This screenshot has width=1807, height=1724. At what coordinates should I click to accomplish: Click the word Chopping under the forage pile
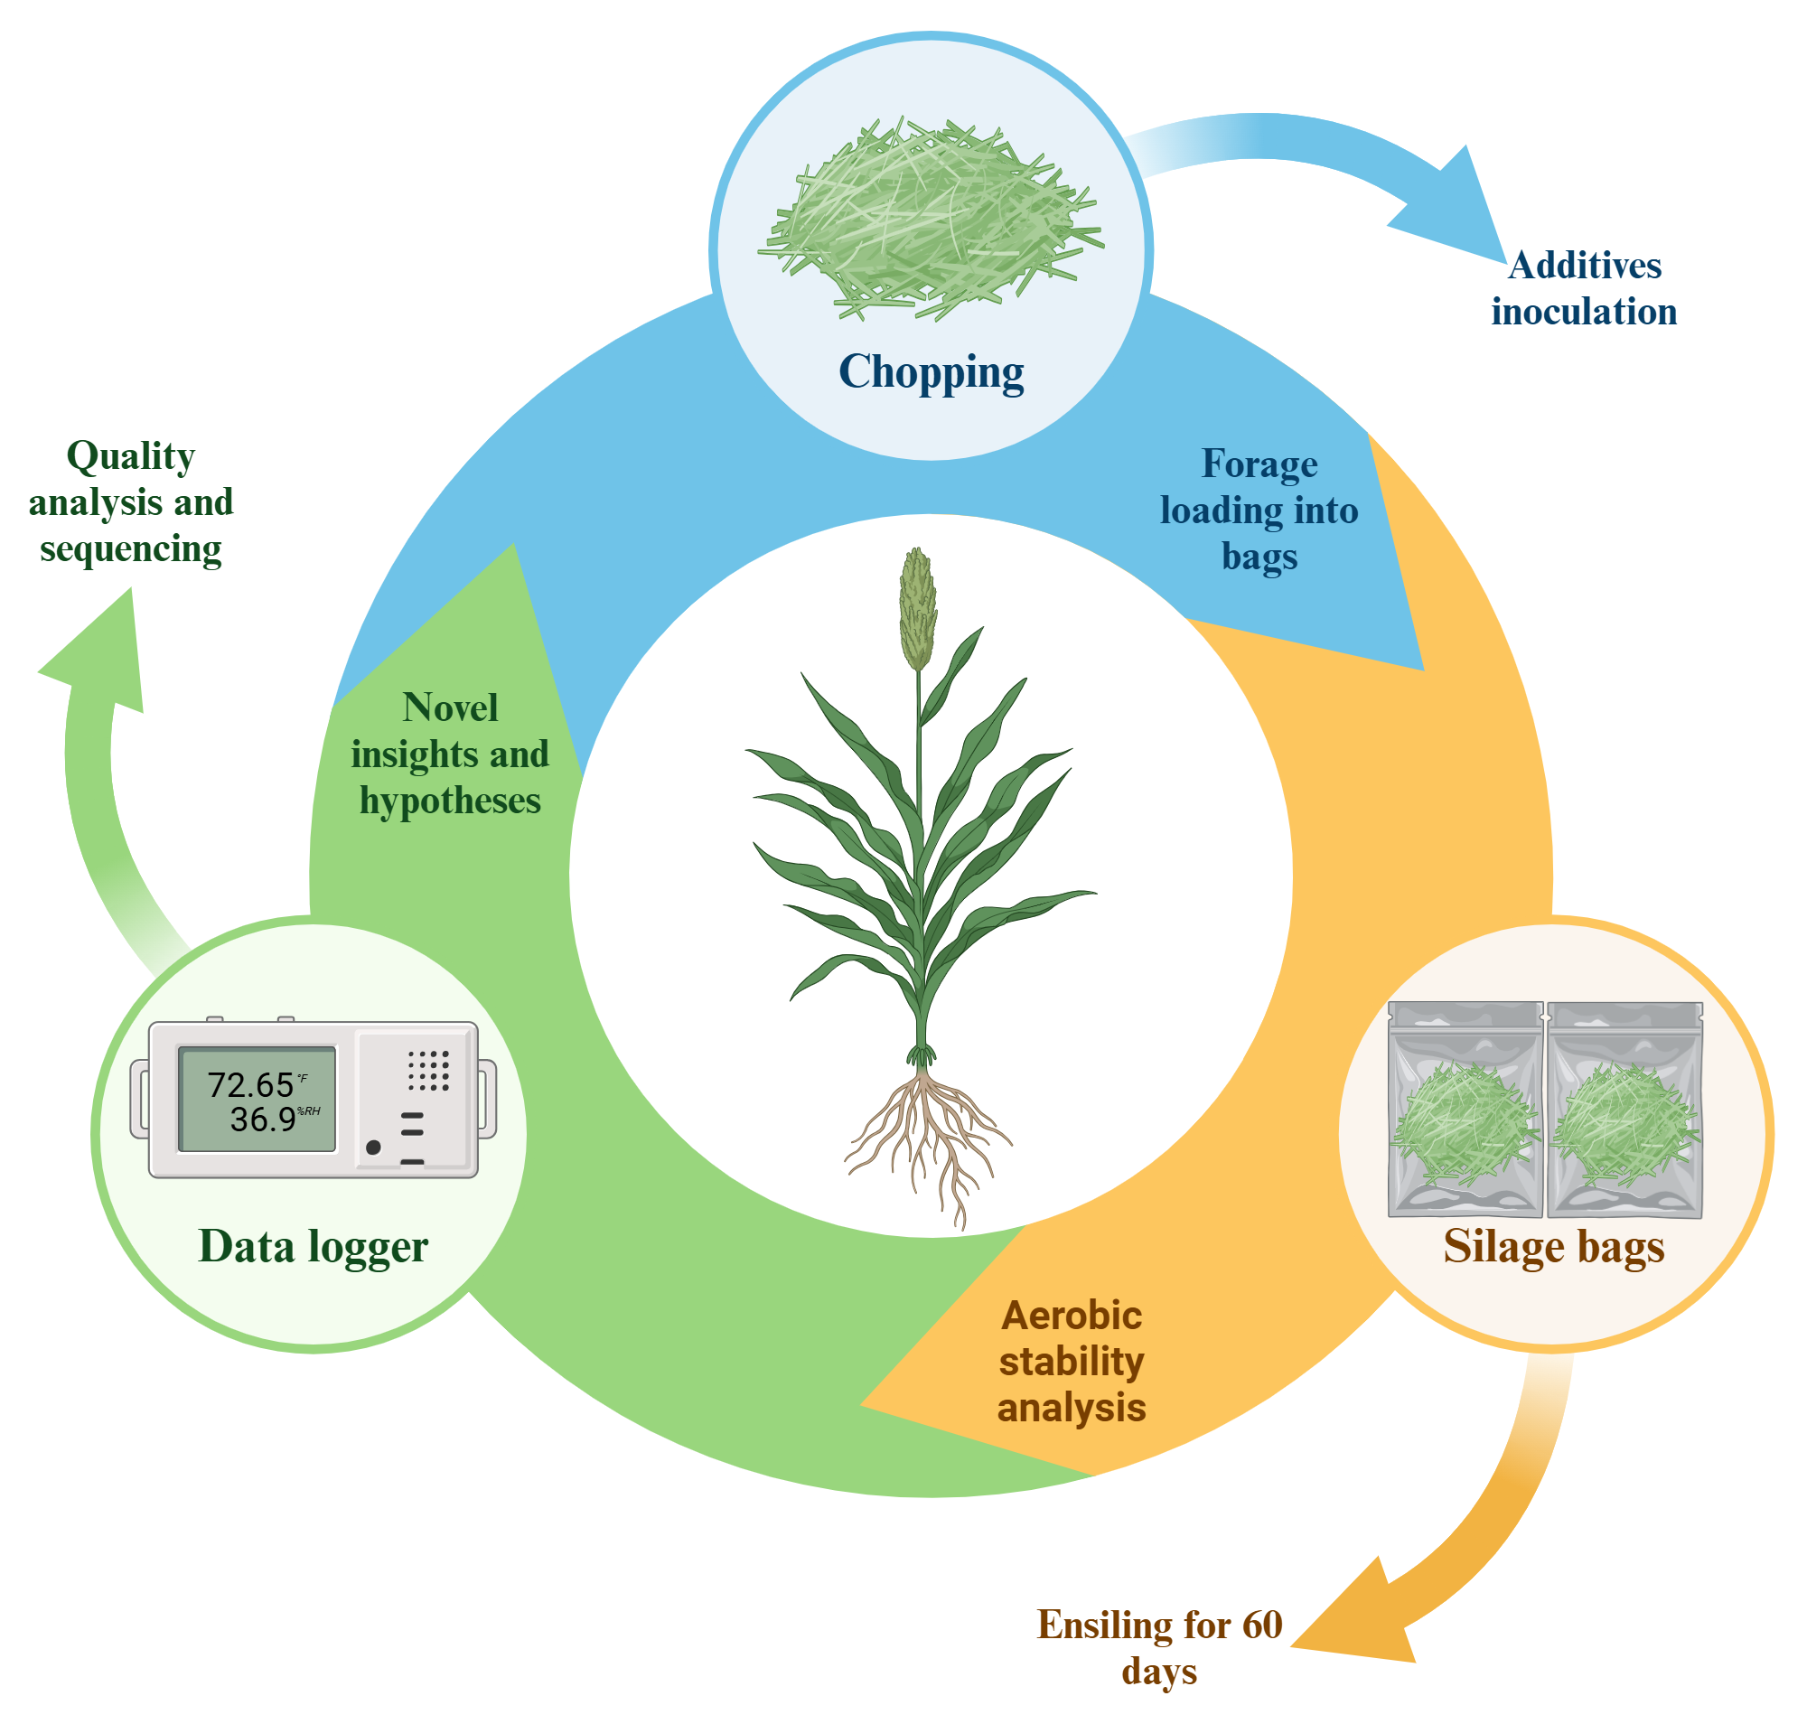931,372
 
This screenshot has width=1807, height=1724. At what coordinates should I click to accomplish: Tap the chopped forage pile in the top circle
931,220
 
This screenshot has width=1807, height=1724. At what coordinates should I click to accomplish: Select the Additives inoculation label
1583,288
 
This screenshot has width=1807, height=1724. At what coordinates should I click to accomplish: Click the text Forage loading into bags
1259,510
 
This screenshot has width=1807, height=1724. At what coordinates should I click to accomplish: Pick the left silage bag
1465,1110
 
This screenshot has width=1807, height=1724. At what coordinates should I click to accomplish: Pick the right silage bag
1624,1110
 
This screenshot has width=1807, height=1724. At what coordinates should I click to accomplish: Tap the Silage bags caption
1553,1247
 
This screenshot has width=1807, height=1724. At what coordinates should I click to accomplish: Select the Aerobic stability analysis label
1071,1361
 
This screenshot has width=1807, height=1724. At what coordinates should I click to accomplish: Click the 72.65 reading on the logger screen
250,1084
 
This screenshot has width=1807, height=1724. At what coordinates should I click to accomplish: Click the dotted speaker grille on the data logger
427,1071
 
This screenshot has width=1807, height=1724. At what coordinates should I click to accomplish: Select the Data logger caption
313,1247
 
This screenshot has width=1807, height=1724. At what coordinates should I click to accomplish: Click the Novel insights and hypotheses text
449,754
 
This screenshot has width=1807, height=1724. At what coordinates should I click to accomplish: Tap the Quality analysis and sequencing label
130,501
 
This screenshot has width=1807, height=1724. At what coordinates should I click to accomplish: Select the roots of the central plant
928,1139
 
